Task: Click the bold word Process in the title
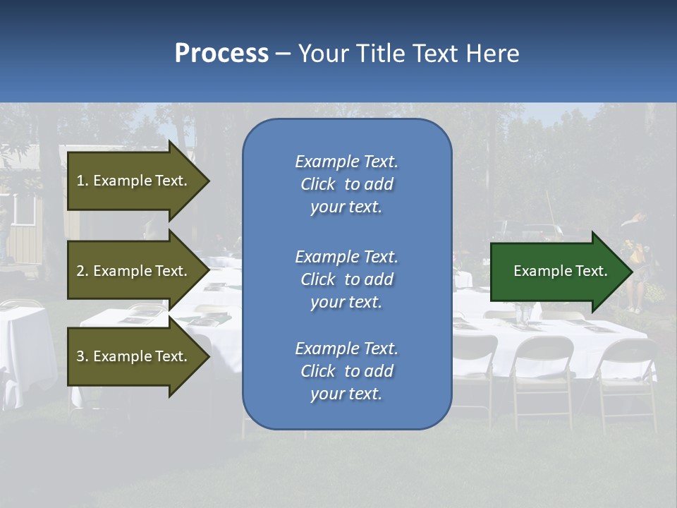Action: (221, 54)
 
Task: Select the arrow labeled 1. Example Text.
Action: (134, 181)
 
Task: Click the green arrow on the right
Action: (557, 272)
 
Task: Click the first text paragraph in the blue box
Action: (346, 184)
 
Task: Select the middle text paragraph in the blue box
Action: (346, 279)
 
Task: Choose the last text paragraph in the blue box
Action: (346, 371)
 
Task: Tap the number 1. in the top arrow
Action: (82, 181)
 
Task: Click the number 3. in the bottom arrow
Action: (82, 357)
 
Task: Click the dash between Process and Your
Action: (283, 54)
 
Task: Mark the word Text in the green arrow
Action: (592, 271)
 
